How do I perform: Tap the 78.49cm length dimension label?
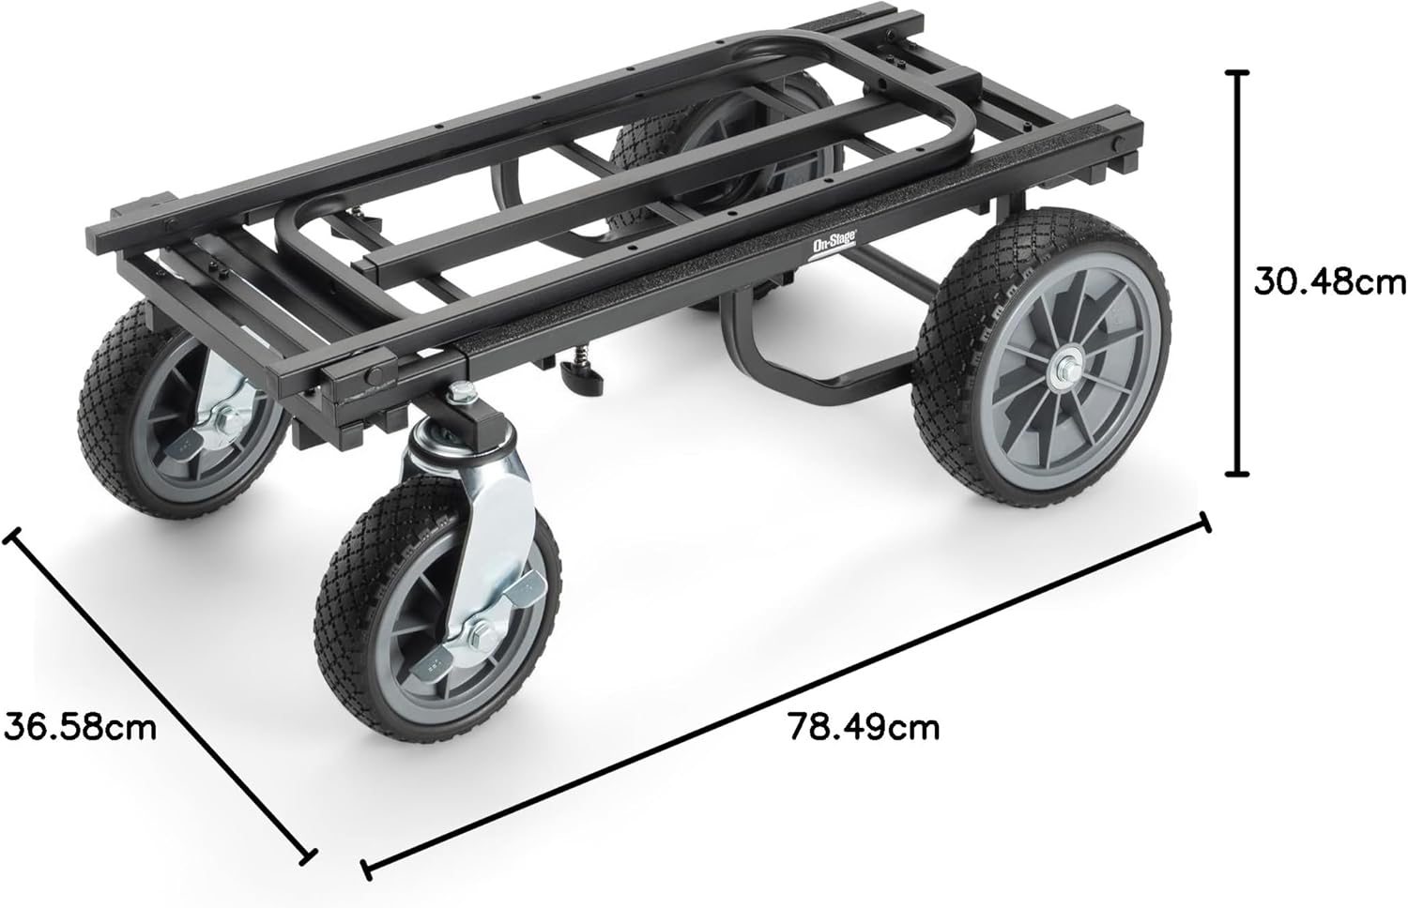pos(865,728)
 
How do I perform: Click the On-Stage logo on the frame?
pos(833,244)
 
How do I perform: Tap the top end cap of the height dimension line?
pos(1238,73)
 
